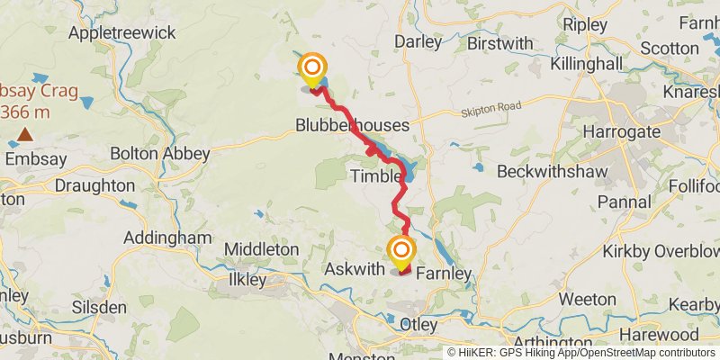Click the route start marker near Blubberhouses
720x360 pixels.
tap(312, 68)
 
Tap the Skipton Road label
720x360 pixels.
tap(490, 108)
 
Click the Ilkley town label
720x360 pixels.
tap(243, 279)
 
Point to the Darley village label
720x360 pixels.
tap(418, 41)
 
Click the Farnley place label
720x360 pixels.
tap(444, 274)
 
